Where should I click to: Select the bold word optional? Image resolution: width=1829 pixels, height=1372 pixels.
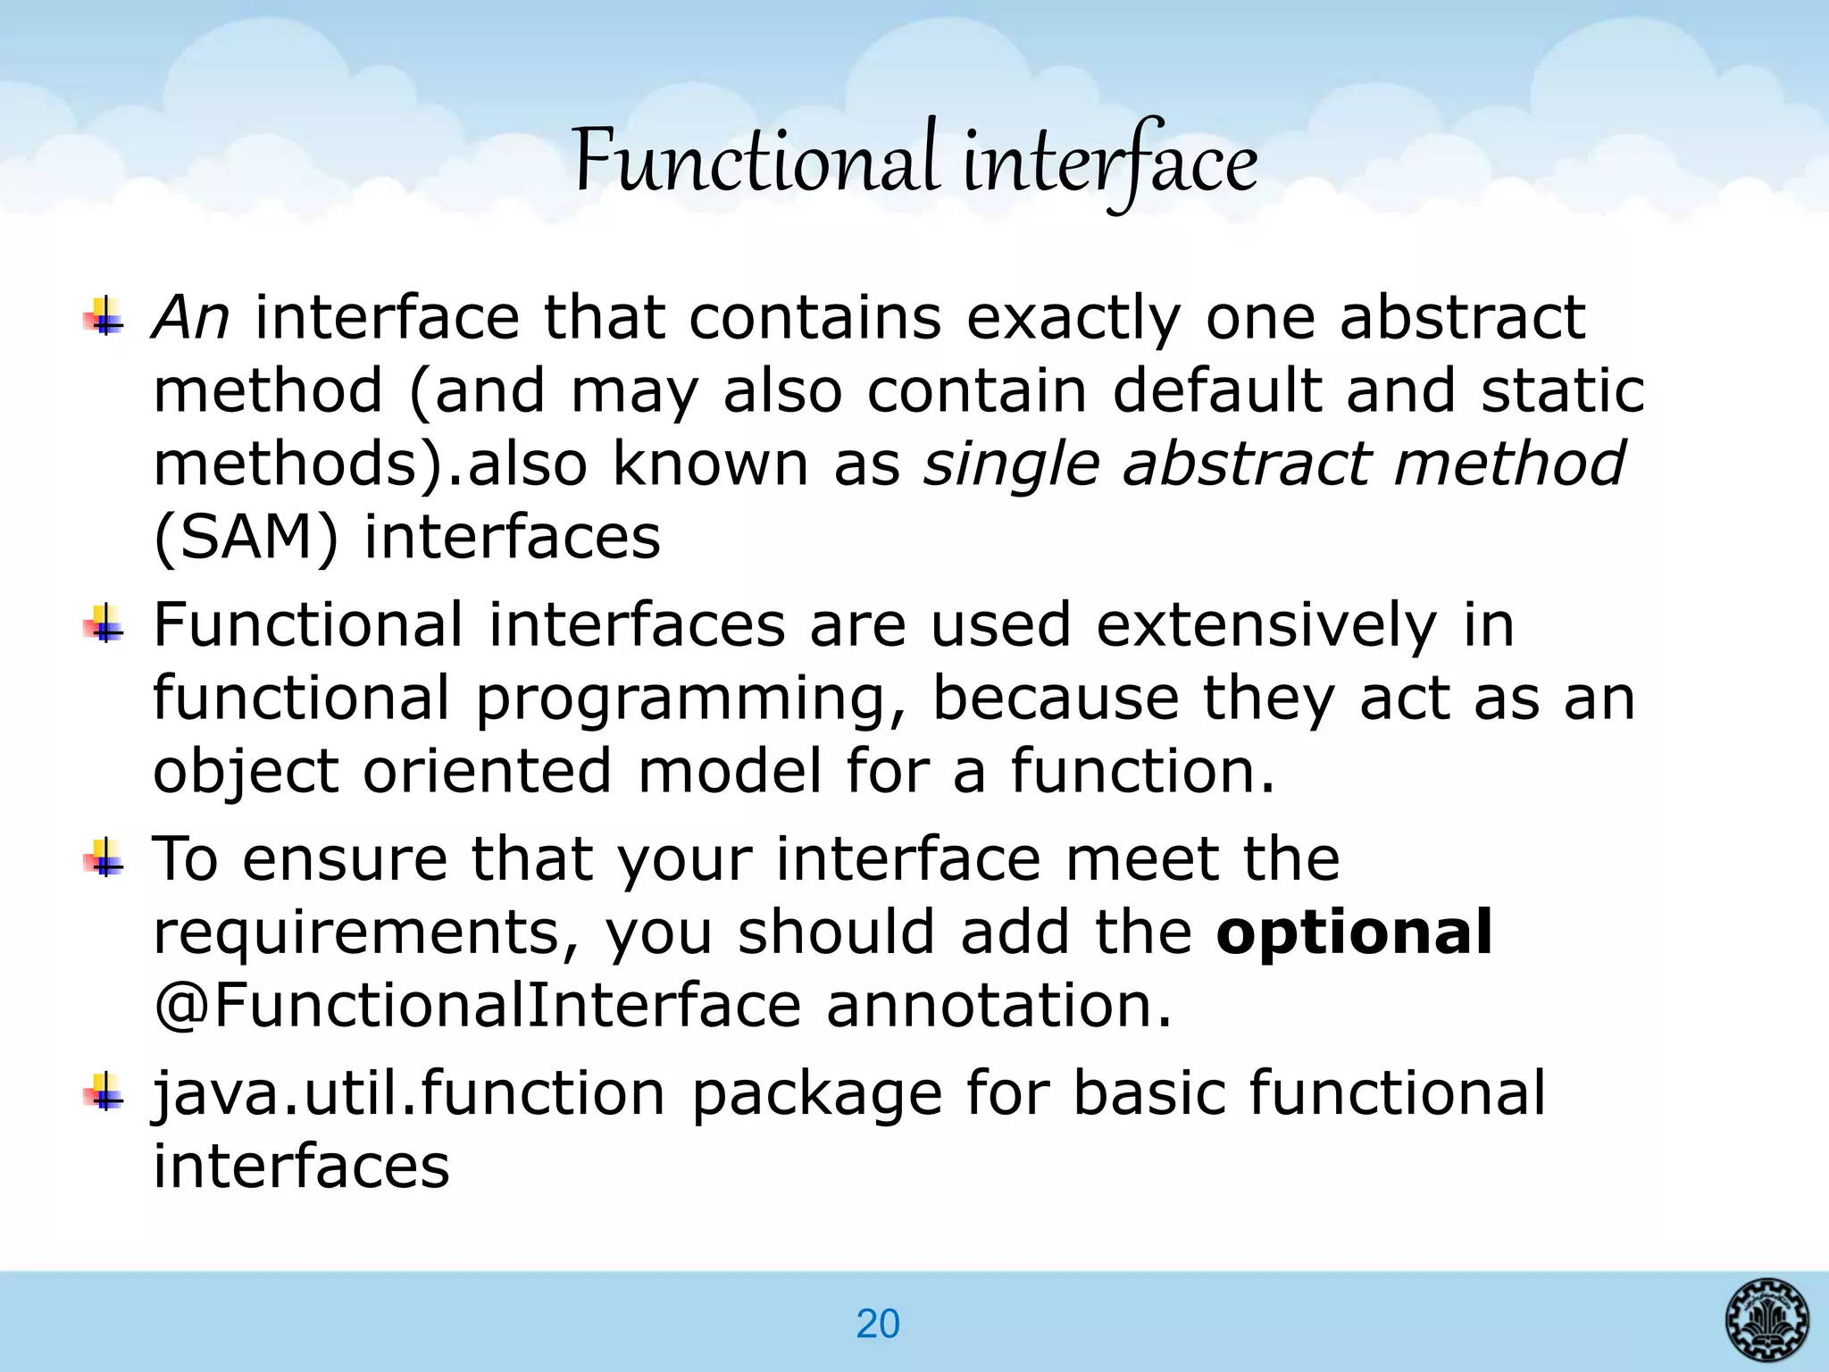click(1354, 932)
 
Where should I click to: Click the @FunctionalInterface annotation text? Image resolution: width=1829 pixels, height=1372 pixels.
click(478, 1005)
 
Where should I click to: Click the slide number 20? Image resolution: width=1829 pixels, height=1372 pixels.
click(877, 1324)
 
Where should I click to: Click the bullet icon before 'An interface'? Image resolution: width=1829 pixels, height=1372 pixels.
click(104, 317)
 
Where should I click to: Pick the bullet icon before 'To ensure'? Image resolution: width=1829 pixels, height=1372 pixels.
click(104, 858)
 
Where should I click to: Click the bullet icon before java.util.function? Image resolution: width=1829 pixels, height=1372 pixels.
click(104, 1092)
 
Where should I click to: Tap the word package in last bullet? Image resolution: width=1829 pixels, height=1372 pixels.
click(817, 1095)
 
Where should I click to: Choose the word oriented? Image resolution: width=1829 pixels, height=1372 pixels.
click(488, 771)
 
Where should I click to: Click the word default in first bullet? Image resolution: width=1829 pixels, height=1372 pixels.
click(1216, 390)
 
